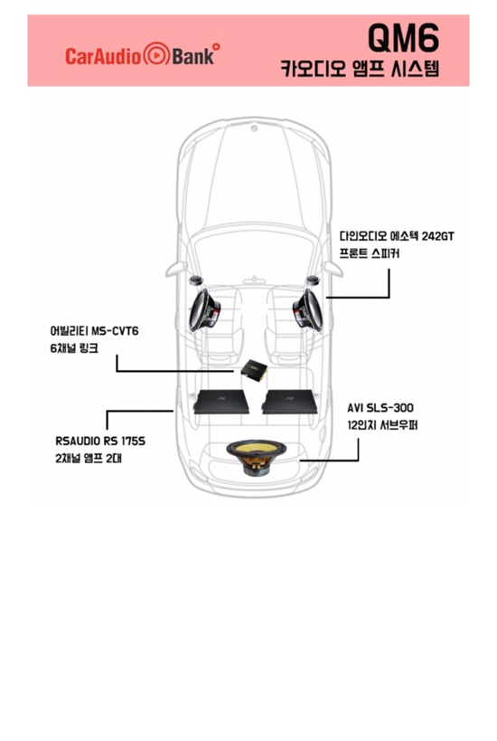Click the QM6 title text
point(403,38)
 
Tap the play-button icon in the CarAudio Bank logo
point(156,55)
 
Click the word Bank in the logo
point(193,56)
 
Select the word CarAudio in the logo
point(103,56)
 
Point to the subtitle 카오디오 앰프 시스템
point(360,69)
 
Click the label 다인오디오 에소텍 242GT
point(397,236)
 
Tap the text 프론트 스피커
point(369,253)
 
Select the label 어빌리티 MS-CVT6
point(94,331)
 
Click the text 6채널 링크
point(74,348)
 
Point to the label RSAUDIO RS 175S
point(100,441)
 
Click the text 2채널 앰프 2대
point(89,459)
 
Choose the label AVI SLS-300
point(380,408)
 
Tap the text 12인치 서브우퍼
point(382,425)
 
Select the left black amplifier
point(220,402)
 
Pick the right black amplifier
point(289,402)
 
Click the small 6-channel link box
point(254,368)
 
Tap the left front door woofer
point(205,310)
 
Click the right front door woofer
point(308,310)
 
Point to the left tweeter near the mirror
point(196,280)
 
